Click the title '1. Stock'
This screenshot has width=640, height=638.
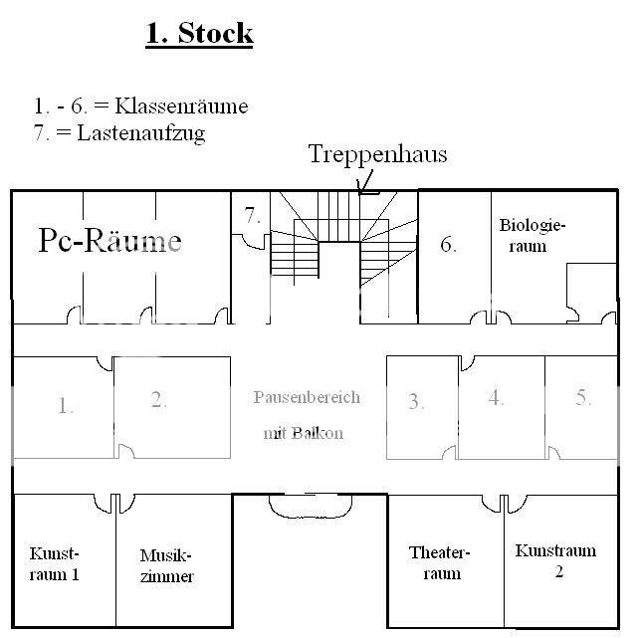click(x=199, y=33)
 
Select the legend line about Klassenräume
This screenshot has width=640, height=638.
click(x=140, y=106)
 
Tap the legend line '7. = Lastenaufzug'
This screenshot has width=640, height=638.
click(x=118, y=133)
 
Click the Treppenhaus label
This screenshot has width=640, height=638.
click(x=377, y=154)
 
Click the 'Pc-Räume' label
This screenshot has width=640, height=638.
click(x=110, y=240)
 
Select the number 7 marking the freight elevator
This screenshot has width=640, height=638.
click(x=253, y=215)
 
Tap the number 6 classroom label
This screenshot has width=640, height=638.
click(x=449, y=244)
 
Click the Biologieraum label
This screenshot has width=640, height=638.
click(x=532, y=235)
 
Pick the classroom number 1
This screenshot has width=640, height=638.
click(x=66, y=405)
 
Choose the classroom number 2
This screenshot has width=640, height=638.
click(x=158, y=400)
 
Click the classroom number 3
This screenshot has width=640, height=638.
click(x=416, y=402)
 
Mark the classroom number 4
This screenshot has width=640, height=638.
click(x=496, y=398)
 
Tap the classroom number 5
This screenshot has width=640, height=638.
click(x=583, y=397)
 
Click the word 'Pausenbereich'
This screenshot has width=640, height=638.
click(x=307, y=397)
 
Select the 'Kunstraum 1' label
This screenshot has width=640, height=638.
click(x=54, y=562)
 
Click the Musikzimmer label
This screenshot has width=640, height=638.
click(x=166, y=566)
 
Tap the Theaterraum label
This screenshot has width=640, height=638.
click(x=439, y=562)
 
